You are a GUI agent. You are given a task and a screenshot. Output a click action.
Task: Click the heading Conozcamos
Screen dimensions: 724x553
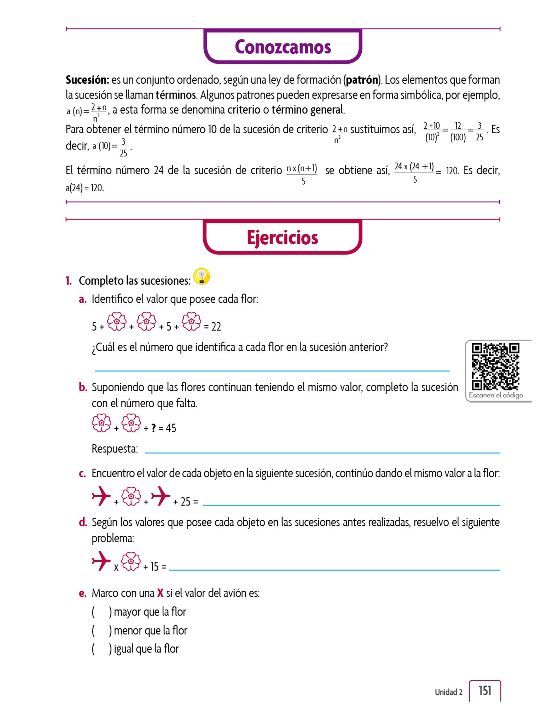click(283, 47)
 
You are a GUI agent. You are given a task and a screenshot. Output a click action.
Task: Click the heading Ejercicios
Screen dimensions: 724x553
click(282, 238)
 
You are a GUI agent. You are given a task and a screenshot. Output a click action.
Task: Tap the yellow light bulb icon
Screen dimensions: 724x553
click(202, 276)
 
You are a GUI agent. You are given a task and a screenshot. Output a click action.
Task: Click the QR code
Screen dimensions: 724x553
click(495, 366)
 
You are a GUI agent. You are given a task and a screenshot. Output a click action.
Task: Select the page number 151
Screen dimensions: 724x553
click(485, 690)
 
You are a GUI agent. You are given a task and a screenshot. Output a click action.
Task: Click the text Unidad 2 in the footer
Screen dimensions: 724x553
click(448, 692)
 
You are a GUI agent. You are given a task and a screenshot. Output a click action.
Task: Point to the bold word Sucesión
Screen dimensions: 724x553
click(87, 80)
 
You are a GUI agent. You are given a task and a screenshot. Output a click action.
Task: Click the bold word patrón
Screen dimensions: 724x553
click(362, 80)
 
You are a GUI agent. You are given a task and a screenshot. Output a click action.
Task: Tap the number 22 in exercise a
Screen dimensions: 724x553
click(216, 327)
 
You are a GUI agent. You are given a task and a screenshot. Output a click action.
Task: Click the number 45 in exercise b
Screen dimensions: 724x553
click(171, 428)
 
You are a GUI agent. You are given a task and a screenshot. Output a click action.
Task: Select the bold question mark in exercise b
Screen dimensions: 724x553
click(153, 428)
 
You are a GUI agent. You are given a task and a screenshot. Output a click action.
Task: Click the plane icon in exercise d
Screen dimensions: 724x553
click(101, 561)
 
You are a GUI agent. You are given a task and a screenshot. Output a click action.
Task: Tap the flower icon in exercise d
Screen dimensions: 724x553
click(131, 561)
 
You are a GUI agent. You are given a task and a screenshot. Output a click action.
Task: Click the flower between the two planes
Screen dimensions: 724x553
click(131, 496)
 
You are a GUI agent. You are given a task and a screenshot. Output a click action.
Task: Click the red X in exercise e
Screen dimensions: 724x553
click(160, 593)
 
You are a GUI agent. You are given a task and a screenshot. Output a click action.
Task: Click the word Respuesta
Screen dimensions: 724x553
click(115, 449)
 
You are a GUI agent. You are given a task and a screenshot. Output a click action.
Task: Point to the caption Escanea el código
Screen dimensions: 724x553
click(496, 395)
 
